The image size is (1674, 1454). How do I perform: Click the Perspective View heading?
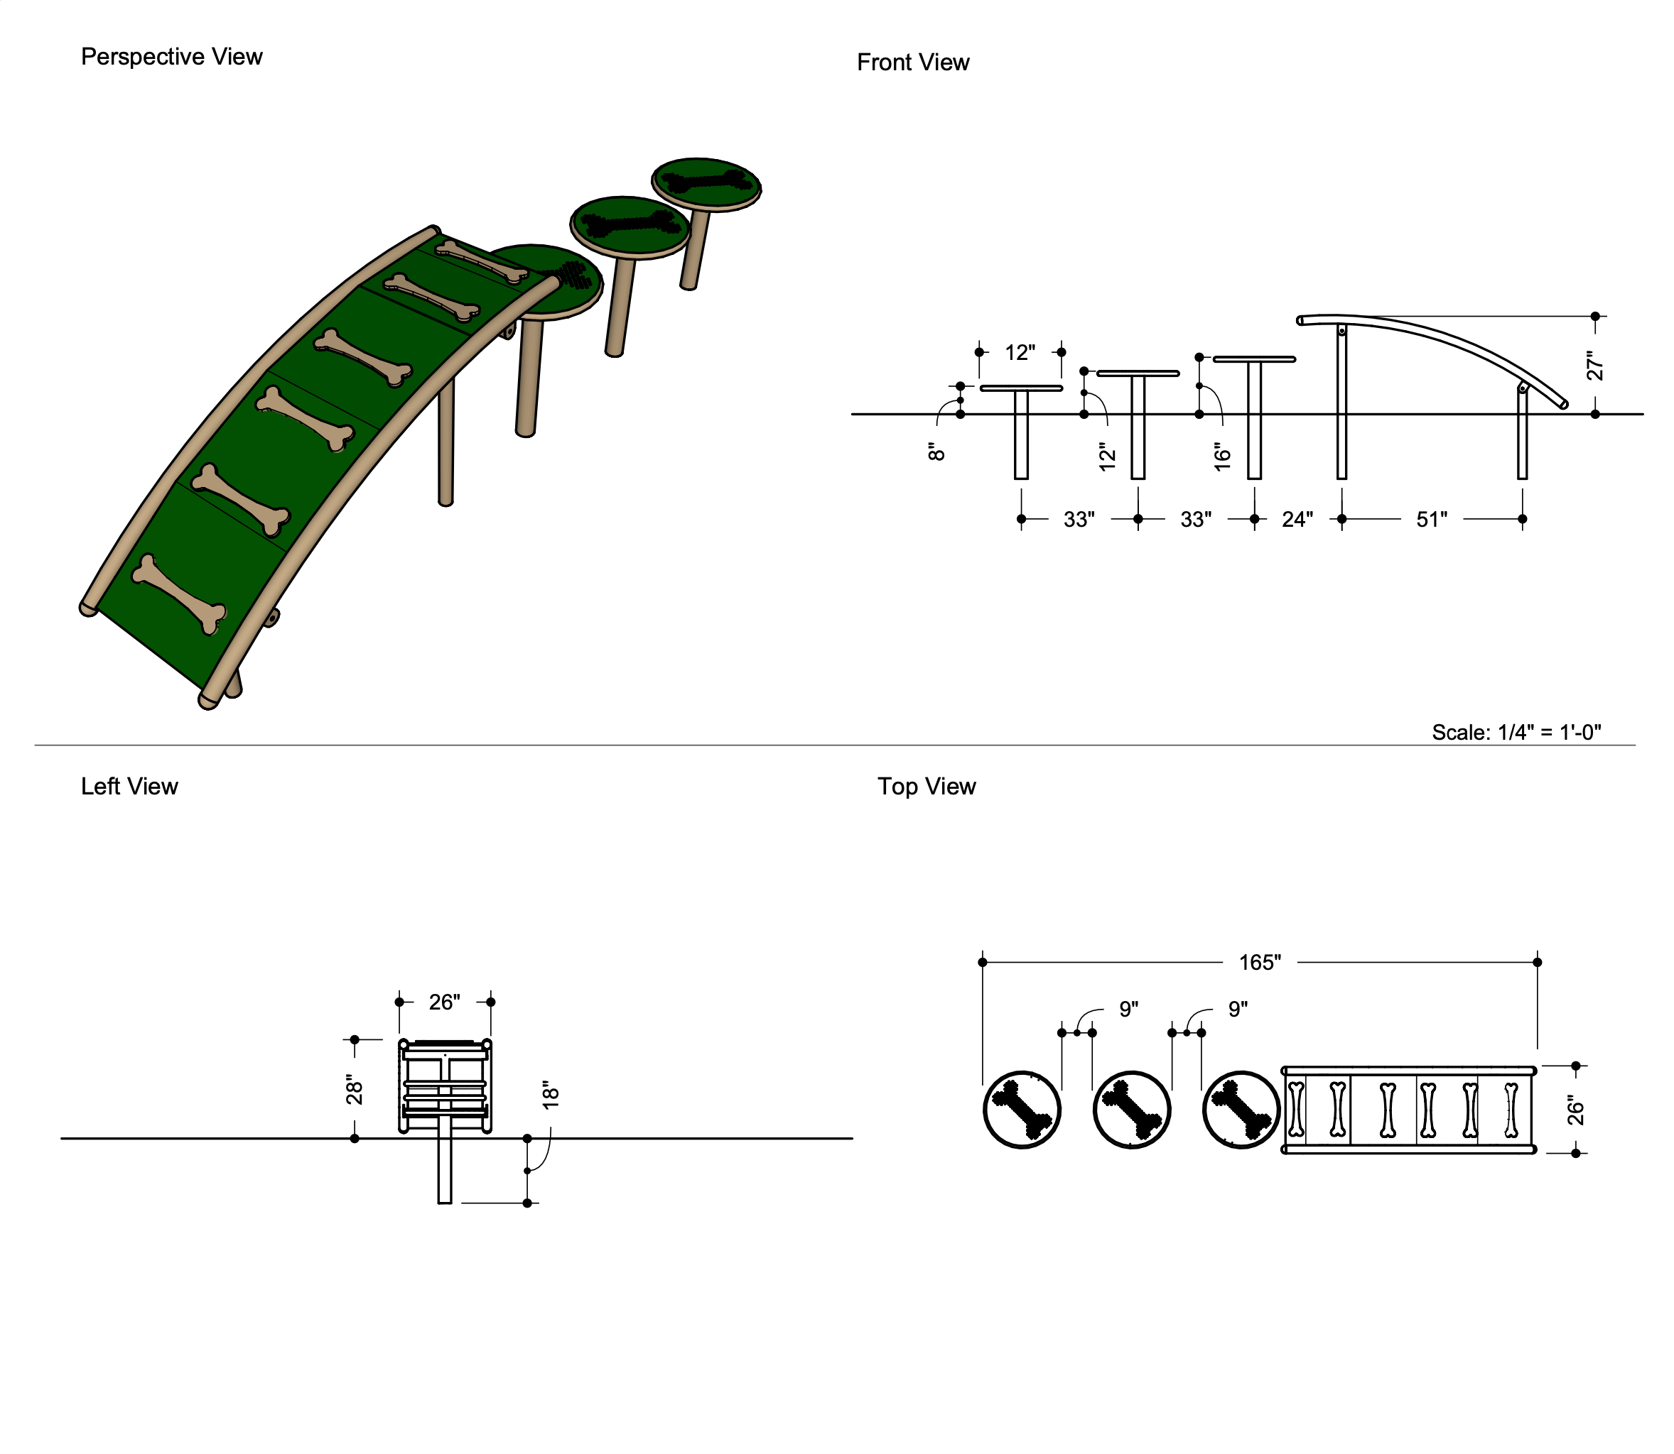click(x=171, y=57)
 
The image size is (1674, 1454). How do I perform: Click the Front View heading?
click(x=912, y=62)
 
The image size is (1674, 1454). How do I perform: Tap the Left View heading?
click(x=129, y=786)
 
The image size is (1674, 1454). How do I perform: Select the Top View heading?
click(x=927, y=786)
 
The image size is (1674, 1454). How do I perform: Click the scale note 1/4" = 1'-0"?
click(x=1516, y=732)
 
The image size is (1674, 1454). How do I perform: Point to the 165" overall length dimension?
click(x=1259, y=962)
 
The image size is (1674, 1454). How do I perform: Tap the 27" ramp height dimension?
click(x=1594, y=365)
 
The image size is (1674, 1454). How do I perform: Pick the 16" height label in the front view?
click(x=1222, y=456)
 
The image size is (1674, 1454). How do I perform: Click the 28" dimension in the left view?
click(x=354, y=1090)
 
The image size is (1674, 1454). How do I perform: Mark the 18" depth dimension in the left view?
click(x=551, y=1095)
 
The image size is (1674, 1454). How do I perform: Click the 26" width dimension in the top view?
click(x=1575, y=1109)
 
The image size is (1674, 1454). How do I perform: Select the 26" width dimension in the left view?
click(x=444, y=1002)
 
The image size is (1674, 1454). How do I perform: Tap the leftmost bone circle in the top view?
click(x=1021, y=1109)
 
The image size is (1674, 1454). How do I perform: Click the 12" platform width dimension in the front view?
click(x=1020, y=352)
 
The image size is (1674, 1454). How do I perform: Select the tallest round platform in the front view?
click(x=1253, y=359)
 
